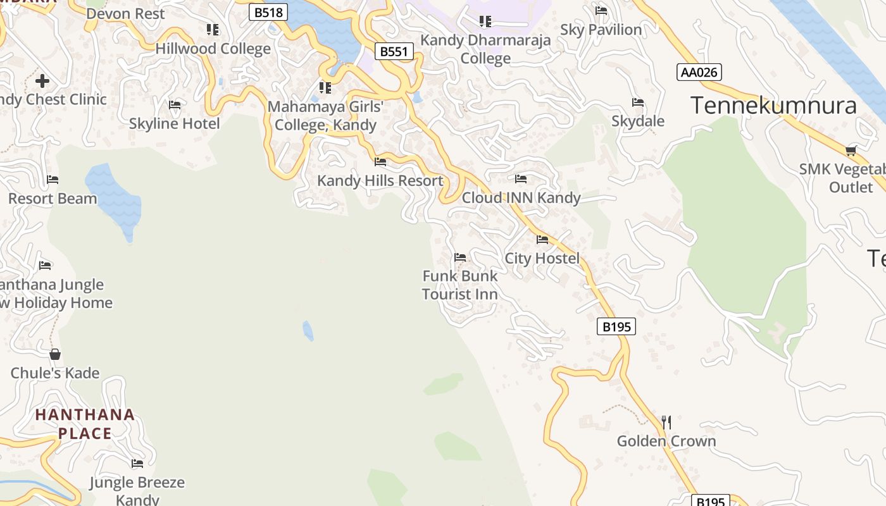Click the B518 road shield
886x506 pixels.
coord(268,12)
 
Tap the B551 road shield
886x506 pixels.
coord(394,51)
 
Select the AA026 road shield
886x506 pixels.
coord(699,72)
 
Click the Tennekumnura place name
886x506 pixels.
coord(773,105)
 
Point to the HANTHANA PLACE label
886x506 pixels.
coord(85,424)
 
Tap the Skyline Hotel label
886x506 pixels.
coord(175,123)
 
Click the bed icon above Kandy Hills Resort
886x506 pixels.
coord(380,162)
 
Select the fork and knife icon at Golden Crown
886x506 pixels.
coord(666,422)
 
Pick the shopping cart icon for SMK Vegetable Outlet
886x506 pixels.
coord(851,151)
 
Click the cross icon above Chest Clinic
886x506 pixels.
coord(42,81)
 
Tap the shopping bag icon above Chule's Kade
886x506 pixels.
coord(55,354)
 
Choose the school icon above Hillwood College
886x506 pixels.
coord(213,30)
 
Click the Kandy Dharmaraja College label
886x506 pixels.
coord(485,49)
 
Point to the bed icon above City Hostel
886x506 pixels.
coord(542,240)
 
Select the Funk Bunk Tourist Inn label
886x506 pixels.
coord(460,285)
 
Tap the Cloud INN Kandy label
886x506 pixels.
coord(521,198)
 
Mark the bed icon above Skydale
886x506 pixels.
coord(638,102)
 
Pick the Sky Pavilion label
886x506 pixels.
coord(601,30)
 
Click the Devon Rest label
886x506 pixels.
coord(125,13)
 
